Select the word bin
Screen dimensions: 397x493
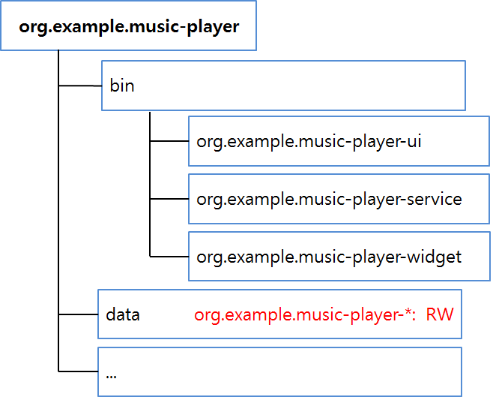click(122, 86)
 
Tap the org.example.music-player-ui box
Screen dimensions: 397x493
click(339, 140)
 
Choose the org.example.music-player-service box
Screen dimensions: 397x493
click(339, 199)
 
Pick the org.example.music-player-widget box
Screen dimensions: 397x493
click(339, 257)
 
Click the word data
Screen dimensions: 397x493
click(123, 314)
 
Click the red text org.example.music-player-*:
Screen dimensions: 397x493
click(306, 314)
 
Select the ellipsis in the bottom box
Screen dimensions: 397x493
click(111, 373)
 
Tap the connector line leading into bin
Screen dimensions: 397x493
click(80, 86)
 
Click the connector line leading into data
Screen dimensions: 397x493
click(78, 314)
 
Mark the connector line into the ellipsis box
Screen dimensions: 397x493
click(78, 370)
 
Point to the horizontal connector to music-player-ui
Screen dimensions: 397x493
click(169, 140)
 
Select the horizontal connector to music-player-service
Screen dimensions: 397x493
click(169, 199)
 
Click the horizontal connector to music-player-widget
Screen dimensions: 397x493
click(169, 257)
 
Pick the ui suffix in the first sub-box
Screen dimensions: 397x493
click(413, 140)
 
